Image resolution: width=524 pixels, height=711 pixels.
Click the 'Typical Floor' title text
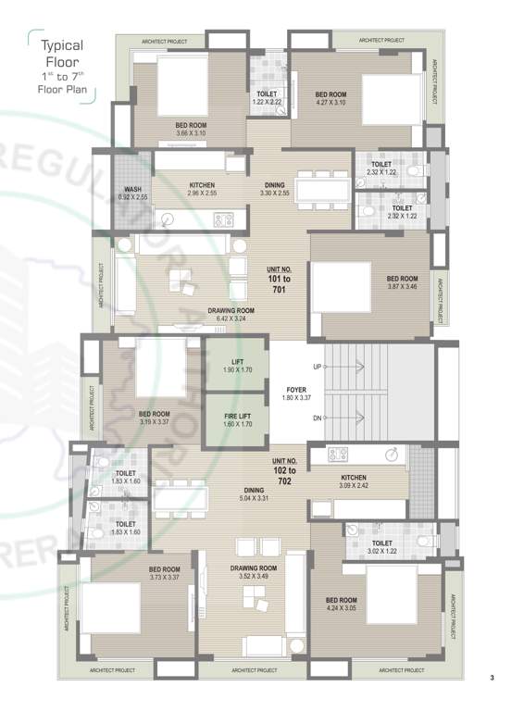click(x=61, y=53)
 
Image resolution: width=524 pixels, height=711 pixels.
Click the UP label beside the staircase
click(x=317, y=368)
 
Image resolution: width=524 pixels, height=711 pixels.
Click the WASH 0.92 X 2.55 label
click(x=133, y=194)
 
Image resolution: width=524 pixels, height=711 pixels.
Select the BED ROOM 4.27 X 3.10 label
click(x=331, y=98)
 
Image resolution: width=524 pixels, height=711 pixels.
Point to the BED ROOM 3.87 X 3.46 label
click(x=402, y=282)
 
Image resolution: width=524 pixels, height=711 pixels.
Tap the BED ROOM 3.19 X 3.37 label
click(x=154, y=418)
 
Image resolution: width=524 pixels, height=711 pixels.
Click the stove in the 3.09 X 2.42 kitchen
click(x=337, y=455)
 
